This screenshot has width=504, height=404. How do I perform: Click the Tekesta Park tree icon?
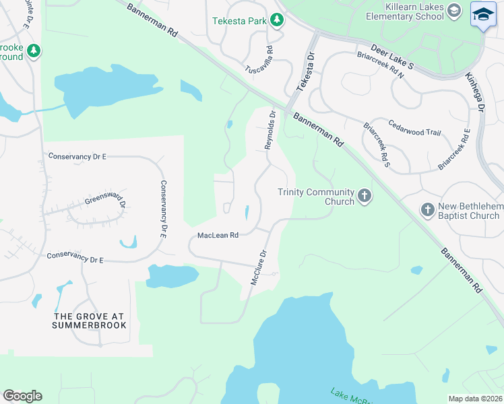pyautogui.click(x=276, y=20)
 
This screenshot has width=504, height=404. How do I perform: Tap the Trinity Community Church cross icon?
pyautogui.click(x=365, y=197)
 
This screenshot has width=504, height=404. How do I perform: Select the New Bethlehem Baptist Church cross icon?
pyautogui.click(x=427, y=210)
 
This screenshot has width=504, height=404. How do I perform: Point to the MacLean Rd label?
pyautogui.click(x=218, y=236)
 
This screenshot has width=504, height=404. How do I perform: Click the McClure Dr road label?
pyautogui.click(x=259, y=267)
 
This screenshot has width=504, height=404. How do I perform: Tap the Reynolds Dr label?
pyautogui.click(x=270, y=131)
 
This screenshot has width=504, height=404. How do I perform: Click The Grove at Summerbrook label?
pyautogui.click(x=89, y=321)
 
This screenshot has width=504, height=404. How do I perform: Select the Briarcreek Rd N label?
pyautogui.click(x=380, y=65)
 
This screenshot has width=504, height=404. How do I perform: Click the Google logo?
pyautogui.click(x=22, y=396)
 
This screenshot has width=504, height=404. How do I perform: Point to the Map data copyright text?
pyautogui.click(x=474, y=399)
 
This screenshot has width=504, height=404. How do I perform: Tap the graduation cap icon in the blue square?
pyautogui.click(x=482, y=14)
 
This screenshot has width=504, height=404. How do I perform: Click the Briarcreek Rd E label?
pyautogui.click(x=454, y=148)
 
